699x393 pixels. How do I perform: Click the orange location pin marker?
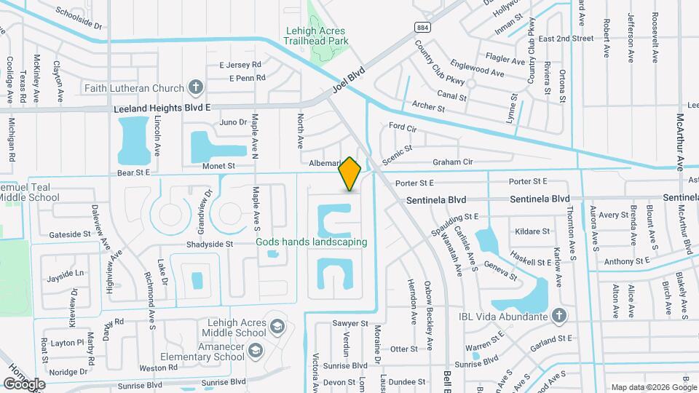349,173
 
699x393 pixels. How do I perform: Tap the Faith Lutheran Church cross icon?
195,88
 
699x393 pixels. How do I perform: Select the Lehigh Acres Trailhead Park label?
315,36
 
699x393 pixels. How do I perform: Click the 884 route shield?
422,27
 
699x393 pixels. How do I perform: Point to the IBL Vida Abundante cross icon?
558,315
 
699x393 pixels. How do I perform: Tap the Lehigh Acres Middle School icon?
277,325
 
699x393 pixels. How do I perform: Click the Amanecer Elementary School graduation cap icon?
256,352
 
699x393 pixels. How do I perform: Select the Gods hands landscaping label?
311,242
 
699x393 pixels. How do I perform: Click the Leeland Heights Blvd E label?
162,108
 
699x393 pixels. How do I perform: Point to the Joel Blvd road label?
347,82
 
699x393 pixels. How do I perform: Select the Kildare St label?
532,231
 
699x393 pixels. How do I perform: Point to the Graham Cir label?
453,162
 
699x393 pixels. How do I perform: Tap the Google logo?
23,384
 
